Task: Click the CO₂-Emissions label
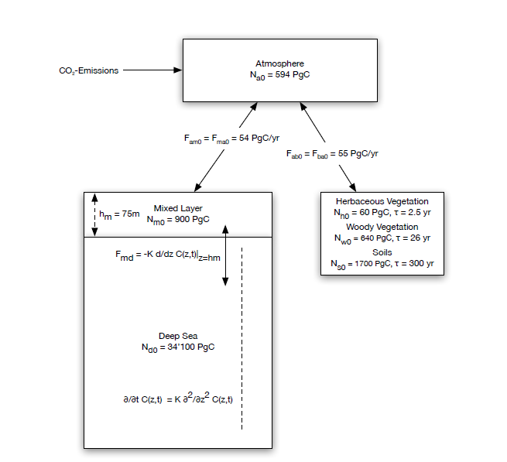click(89, 70)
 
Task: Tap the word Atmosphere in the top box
click(279, 63)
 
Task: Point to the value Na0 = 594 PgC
click(279, 74)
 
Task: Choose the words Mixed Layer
click(177, 207)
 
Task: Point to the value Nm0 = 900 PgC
click(177, 219)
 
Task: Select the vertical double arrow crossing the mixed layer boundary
click(225, 255)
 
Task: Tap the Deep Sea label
click(178, 336)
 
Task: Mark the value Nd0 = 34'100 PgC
click(178, 347)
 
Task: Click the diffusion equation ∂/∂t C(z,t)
click(173, 399)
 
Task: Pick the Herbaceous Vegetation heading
click(382, 201)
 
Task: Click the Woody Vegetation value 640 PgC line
click(382, 238)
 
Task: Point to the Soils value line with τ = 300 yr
click(382, 264)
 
